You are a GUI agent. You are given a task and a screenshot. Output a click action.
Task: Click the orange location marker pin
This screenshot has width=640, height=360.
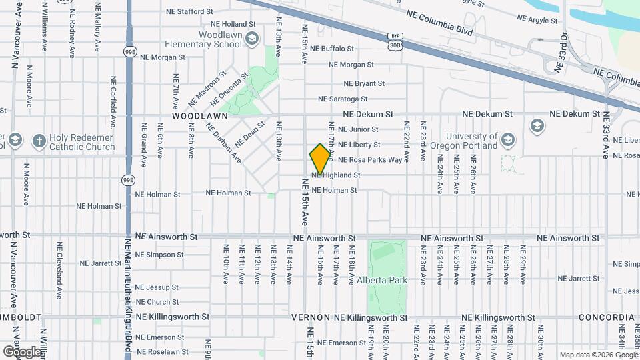click(x=321, y=159)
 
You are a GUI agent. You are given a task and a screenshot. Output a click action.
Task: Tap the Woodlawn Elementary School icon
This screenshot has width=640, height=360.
click(x=251, y=39)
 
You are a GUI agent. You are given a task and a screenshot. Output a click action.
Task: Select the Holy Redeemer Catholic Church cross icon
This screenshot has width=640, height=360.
click(x=39, y=141)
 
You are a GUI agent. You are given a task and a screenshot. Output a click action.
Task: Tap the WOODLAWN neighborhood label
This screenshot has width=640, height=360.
click(x=199, y=115)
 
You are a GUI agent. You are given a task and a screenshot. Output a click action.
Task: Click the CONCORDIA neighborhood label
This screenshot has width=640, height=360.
click(x=606, y=317)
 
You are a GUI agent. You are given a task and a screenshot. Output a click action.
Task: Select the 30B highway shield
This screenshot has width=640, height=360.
click(x=395, y=45)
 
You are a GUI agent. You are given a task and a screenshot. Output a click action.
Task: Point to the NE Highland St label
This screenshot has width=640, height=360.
click(x=336, y=175)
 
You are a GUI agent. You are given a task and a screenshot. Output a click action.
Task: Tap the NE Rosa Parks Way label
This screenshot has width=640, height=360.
click(x=370, y=160)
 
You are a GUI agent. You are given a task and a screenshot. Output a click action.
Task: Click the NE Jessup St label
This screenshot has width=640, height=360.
click(x=157, y=287)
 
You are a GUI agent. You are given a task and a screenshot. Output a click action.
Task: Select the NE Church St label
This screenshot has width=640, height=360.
click(x=157, y=302)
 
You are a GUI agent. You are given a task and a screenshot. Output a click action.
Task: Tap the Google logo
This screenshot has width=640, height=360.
click(x=22, y=351)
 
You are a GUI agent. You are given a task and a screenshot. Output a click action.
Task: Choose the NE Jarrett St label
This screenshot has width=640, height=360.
click(x=101, y=263)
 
